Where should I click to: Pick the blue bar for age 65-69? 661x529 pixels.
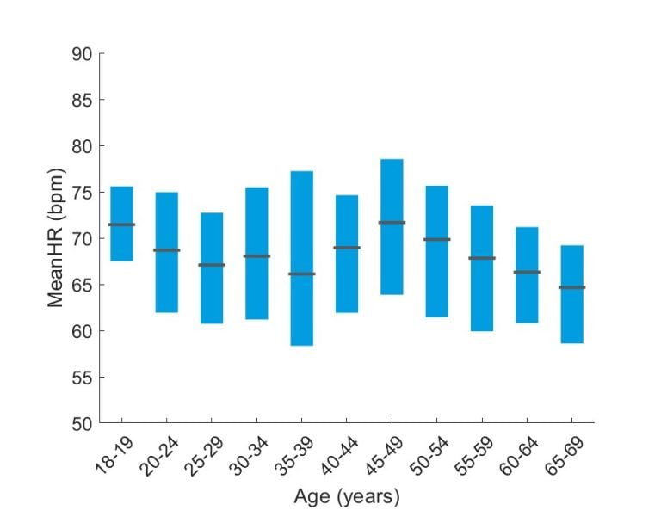[571, 318]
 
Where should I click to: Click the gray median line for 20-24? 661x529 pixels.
[166, 250]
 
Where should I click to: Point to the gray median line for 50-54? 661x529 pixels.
[436, 239]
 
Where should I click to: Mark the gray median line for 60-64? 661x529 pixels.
[527, 272]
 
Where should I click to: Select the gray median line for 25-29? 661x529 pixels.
[212, 265]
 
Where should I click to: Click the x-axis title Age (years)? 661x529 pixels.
[346, 497]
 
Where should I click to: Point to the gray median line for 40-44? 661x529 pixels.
[346, 248]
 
